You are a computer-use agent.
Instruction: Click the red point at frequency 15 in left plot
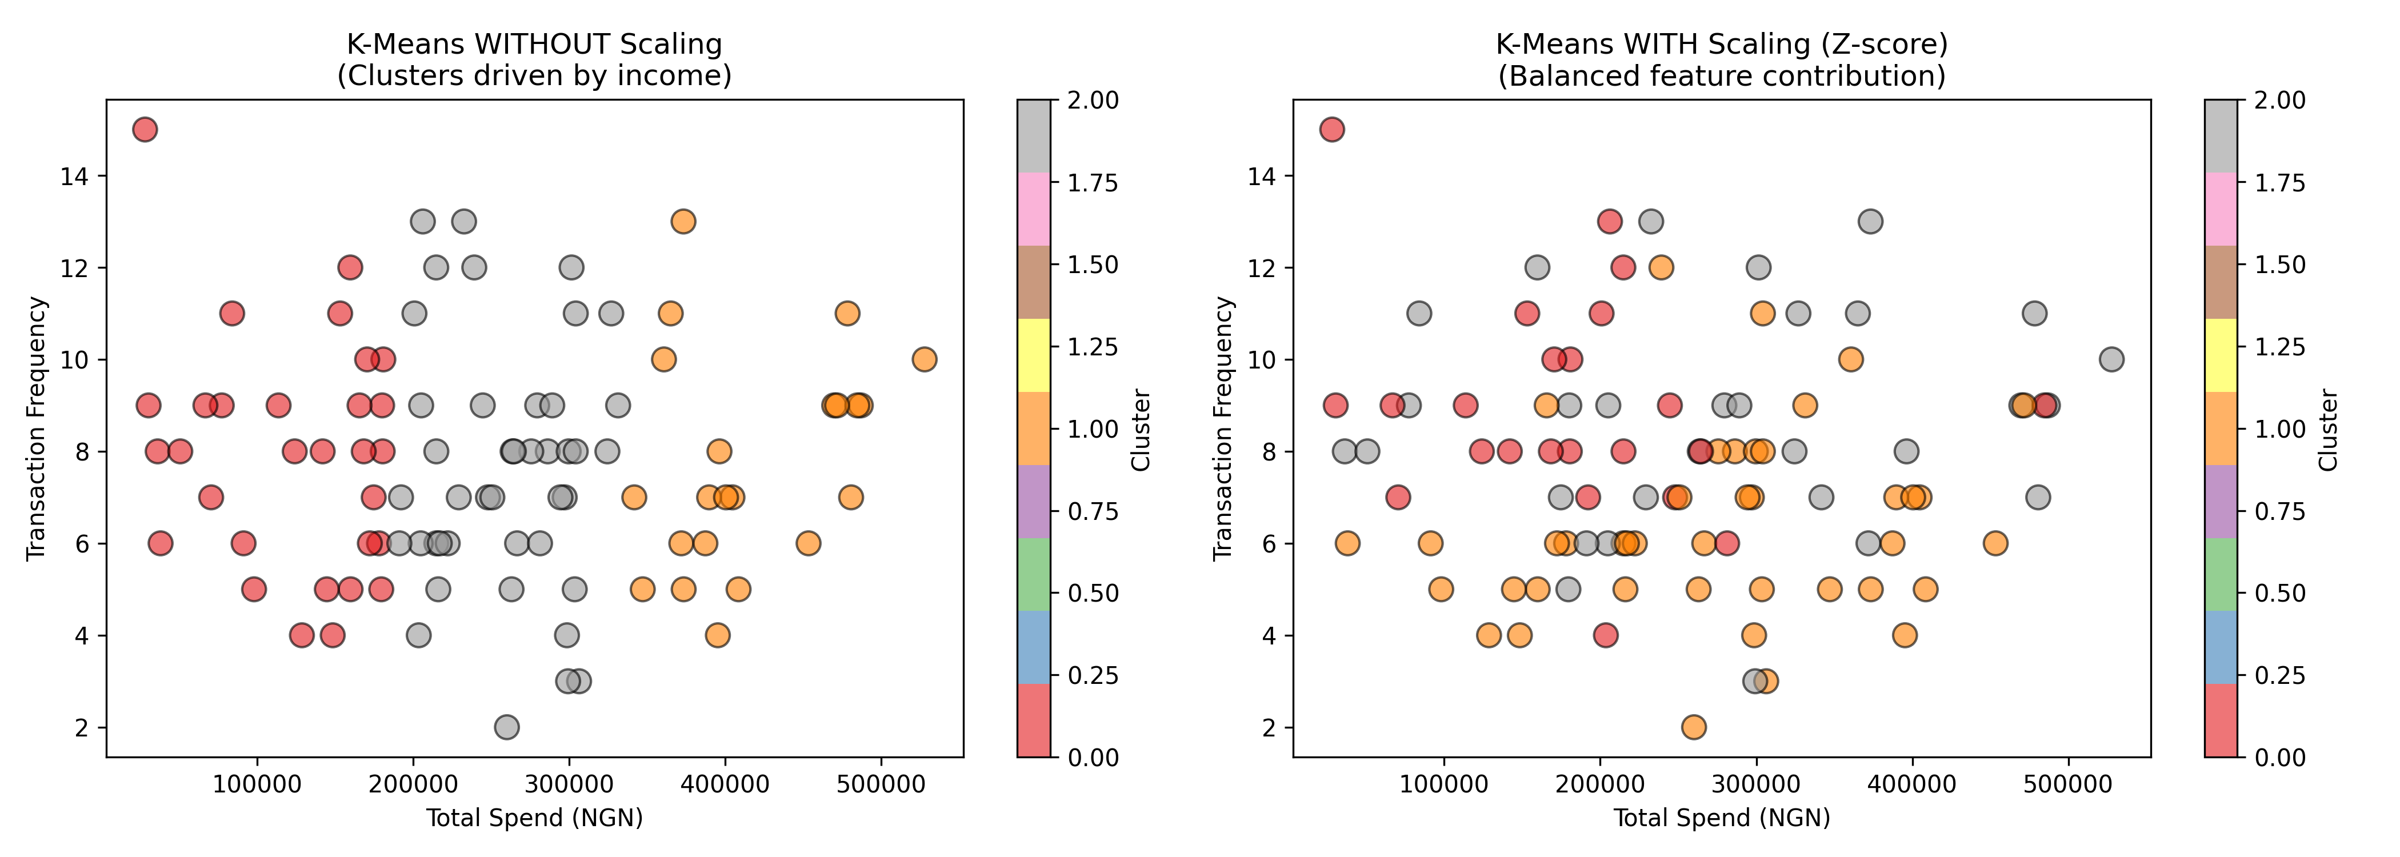145,130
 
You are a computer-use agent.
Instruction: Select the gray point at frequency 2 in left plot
507,727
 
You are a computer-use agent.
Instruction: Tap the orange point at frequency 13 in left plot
683,222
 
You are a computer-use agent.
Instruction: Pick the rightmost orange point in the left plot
923,359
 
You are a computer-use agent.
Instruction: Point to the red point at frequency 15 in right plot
1333,130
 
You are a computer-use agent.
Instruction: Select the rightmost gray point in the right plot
2111,359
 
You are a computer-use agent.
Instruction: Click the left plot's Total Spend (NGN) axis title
535,818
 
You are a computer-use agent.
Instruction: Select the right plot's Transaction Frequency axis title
1223,428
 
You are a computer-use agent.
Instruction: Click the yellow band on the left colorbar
1034,355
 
